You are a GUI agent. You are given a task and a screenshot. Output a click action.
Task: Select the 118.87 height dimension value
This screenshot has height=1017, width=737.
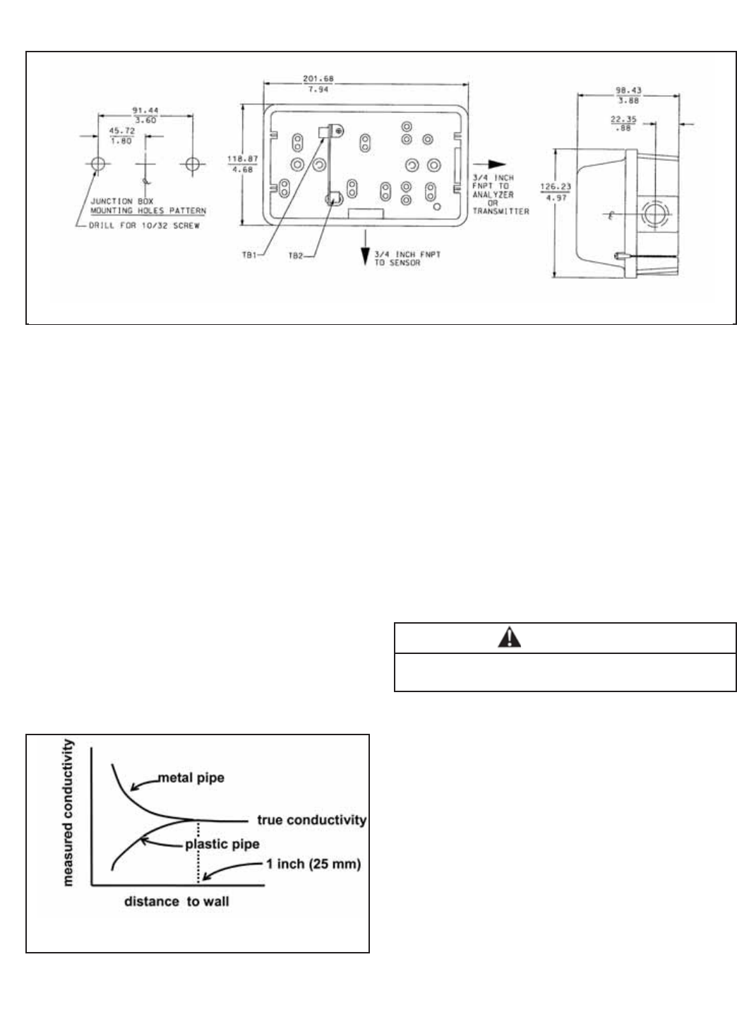point(237,158)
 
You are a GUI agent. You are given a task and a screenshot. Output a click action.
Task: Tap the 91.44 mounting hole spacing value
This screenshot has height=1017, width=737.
point(144,111)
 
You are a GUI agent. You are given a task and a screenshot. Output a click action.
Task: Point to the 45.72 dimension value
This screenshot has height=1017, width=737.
point(121,131)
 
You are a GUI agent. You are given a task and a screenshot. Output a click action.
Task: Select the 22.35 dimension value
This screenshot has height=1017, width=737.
point(623,119)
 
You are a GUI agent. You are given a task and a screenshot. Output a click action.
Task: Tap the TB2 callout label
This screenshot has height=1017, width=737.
point(294,256)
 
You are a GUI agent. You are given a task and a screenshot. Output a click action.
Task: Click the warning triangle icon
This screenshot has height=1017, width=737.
point(508,638)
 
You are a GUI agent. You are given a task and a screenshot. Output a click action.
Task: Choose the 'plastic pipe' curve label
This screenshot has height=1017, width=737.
point(222,844)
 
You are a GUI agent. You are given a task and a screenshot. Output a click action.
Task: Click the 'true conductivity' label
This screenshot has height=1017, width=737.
point(311,820)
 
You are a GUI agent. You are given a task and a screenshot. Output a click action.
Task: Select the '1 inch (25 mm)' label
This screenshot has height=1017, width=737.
point(313,864)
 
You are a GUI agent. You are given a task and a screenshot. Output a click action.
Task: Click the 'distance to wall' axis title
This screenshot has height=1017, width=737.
point(176,901)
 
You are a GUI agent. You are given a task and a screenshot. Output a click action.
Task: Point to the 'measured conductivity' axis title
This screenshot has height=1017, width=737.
point(69,812)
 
